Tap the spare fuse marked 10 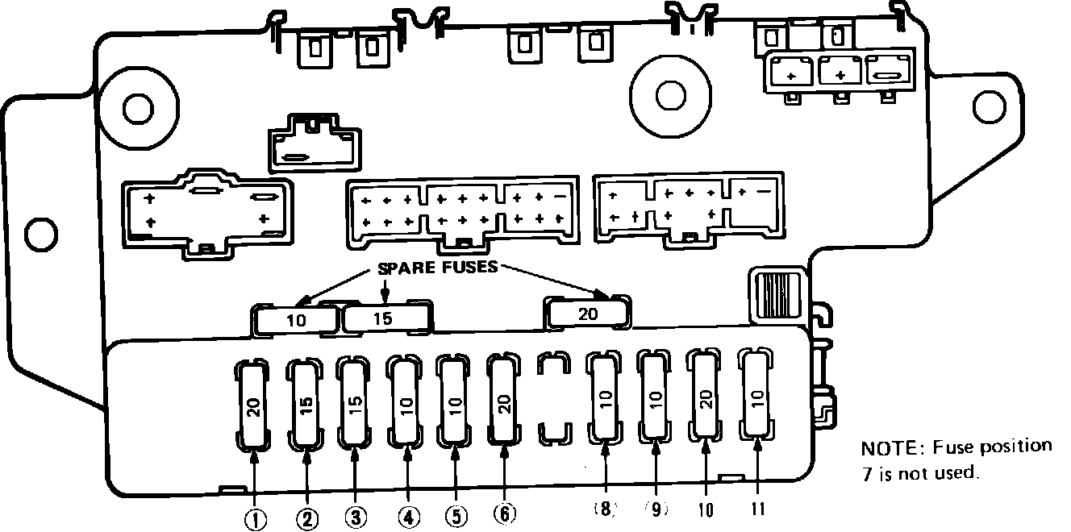click(296, 320)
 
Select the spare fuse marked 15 click(383, 318)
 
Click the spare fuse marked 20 click(588, 314)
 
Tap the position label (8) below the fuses click(605, 509)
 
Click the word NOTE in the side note click(884, 448)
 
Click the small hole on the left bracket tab click(40, 235)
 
